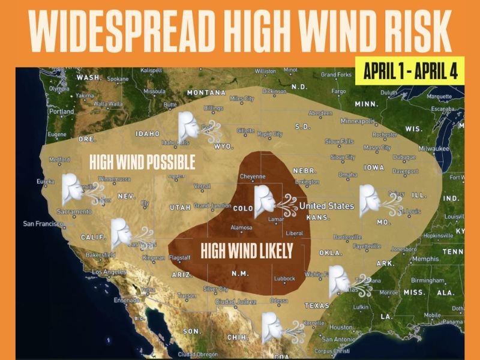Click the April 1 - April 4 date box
(x=410, y=71)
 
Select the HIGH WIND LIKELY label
(x=247, y=250)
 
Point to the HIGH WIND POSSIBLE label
(x=142, y=162)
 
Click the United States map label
(x=326, y=206)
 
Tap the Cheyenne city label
(x=252, y=177)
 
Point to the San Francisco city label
(x=43, y=224)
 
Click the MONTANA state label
(x=206, y=93)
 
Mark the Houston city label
(x=341, y=328)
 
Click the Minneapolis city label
(x=357, y=120)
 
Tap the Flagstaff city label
(x=180, y=258)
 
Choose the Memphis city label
(x=425, y=259)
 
